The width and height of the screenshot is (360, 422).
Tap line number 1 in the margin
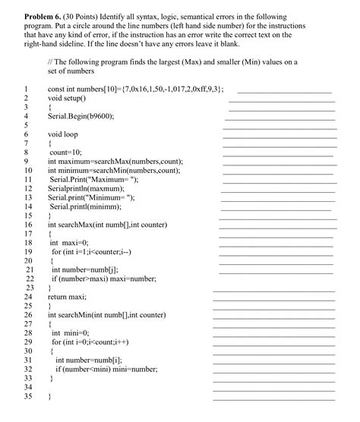coord(26,89)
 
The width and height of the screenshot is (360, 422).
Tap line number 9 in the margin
coord(26,161)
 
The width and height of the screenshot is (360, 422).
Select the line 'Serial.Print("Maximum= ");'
coord(94,179)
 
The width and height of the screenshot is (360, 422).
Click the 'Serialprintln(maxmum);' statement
coord(85,188)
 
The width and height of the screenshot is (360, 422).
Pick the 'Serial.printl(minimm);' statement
coord(85,206)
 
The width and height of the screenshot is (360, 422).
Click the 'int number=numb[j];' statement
coord(84,269)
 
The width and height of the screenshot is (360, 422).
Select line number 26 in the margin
coord(27,314)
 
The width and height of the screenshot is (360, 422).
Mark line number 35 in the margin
coord(27,396)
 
